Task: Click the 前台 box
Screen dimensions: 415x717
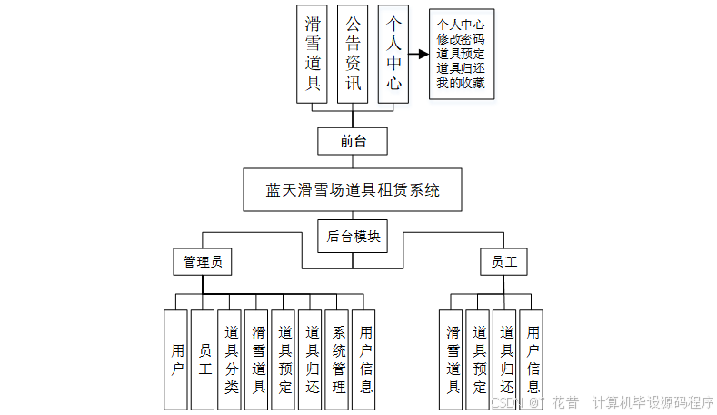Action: tap(353, 141)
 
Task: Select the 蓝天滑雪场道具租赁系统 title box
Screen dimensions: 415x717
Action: tap(353, 190)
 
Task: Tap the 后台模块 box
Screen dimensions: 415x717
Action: tap(353, 235)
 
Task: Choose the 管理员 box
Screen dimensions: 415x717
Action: tap(202, 262)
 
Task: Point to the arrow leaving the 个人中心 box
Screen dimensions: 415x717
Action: tap(417, 55)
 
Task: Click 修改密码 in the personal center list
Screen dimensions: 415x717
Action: tap(460, 40)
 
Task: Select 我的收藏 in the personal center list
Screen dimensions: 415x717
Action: tap(460, 83)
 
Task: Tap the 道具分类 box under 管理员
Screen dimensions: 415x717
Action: tap(231, 359)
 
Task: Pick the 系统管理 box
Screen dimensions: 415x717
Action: tap(338, 359)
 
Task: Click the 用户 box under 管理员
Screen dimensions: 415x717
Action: tap(176, 359)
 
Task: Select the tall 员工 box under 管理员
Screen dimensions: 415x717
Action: tap(204, 359)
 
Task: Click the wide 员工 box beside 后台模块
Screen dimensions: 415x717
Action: tap(503, 262)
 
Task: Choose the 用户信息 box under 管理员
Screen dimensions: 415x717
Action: tap(365, 359)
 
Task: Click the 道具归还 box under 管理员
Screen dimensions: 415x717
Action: tap(312, 359)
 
